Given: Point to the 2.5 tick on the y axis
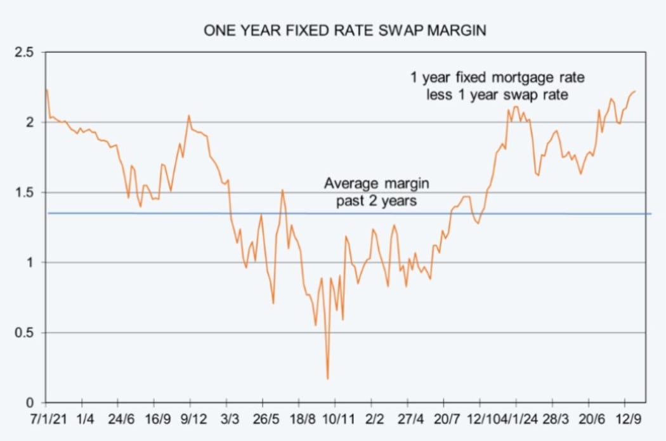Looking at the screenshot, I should coord(25,52).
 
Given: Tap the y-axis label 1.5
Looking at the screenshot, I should coord(25,192).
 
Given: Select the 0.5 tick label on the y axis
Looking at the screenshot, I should coord(25,332).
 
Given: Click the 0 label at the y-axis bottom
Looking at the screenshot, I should coord(30,402).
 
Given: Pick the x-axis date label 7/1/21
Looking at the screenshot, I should coord(46,419).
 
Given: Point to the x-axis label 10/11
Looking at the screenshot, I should coord(337,419).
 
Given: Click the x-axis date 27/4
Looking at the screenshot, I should coord(410,419).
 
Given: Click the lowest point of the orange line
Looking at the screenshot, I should coord(327,379).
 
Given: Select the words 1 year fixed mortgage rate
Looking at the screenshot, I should coord(497,78).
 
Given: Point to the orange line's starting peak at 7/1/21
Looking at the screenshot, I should coord(47,90).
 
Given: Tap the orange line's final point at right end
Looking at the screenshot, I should coord(635,91).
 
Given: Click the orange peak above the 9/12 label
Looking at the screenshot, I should coord(189,116).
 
